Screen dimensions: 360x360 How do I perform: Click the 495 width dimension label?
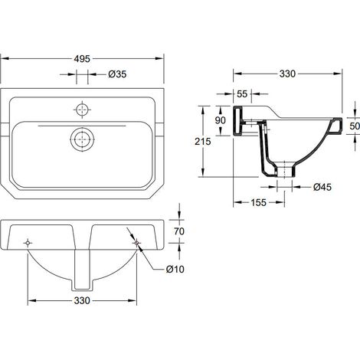point(82,59)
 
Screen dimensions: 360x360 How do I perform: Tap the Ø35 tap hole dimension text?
point(117,74)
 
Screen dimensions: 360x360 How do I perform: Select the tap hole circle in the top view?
point(82,110)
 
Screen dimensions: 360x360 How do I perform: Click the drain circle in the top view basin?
point(82,139)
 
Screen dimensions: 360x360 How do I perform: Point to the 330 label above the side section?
point(287,74)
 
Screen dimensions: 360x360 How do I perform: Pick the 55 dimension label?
point(242,94)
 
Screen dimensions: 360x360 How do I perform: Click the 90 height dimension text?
point(220,120)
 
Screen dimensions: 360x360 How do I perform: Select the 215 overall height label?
point(203,141)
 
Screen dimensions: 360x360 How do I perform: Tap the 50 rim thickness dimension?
point(355,126)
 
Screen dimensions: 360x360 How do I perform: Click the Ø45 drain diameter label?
point(322,187)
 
